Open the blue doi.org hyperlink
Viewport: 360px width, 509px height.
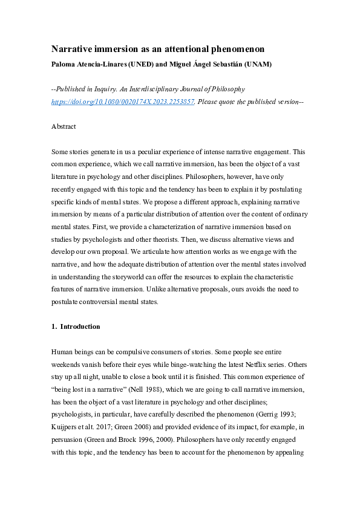click(x=122, y=102)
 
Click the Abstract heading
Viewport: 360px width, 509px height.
click(x=64, y=128)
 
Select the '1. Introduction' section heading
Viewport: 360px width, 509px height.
click(x=76, y=326)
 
